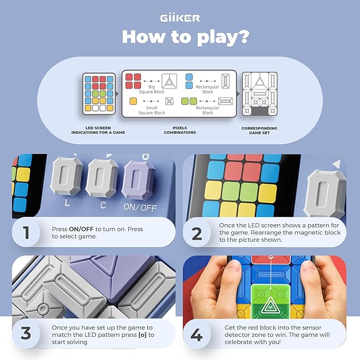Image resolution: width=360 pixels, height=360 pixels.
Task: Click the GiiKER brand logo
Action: pos(180,18)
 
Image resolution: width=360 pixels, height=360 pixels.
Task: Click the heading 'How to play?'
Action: pos(180,37)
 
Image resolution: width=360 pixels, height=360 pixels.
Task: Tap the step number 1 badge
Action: pos(26,233)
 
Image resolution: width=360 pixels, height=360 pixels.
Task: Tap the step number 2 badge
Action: pos(197,233)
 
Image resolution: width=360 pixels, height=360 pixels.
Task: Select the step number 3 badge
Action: pos(26,335)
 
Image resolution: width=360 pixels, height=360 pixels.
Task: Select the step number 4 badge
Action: pos(197,335)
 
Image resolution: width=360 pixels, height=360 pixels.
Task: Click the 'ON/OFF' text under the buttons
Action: pos(139,208)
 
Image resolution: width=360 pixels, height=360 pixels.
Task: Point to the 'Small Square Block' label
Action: pos(152,110)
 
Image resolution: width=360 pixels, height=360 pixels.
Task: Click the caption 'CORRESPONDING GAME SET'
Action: pos(260,130)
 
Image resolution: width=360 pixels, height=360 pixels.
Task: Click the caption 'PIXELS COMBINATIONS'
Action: pos(180,130)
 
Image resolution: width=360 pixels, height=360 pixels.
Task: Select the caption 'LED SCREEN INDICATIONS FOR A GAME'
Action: pos(98,130)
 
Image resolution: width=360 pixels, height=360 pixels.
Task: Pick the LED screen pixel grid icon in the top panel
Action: pos(98,94)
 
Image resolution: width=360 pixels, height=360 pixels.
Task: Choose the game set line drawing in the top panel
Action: pos(260,94)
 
